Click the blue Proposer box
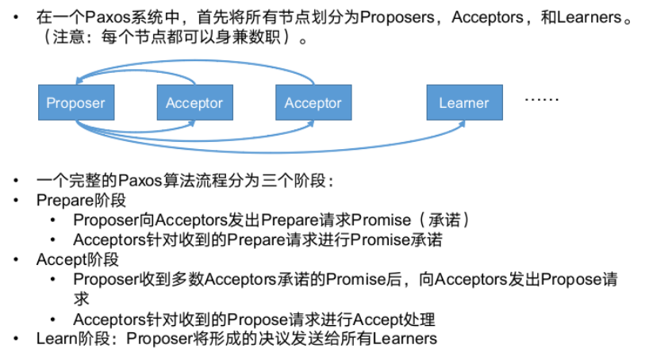[75, 103]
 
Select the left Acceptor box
[194, 103]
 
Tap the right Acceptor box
[313, 103]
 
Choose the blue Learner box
[464, 103]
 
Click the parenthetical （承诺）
[447, 220]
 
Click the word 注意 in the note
[75, 38]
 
